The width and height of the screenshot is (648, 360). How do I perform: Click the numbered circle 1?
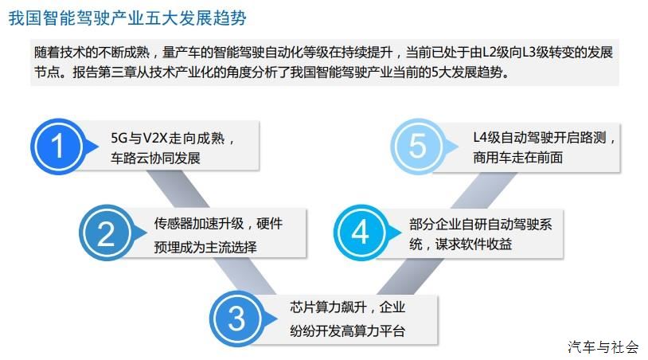click(58, 147)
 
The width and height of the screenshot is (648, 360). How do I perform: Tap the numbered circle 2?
click(106, 233)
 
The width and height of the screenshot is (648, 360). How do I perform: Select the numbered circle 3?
click(236, 319)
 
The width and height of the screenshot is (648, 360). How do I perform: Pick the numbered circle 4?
click(361, 233)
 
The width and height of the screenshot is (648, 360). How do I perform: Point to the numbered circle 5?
click(417, 146)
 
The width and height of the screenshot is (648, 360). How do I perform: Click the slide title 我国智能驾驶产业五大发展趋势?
click(127, 18)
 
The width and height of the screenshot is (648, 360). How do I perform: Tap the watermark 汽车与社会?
click(603, 346)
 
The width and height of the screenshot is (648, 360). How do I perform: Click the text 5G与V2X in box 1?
click(139, 138)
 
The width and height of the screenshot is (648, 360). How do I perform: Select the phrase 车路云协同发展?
click(155, 158)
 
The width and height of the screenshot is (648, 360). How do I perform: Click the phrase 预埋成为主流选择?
click(205, 247)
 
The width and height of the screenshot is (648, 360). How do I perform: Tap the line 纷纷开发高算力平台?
click(347, 331)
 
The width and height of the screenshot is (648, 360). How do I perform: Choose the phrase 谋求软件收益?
click(474, 245)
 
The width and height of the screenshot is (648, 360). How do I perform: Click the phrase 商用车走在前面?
click(517, 158)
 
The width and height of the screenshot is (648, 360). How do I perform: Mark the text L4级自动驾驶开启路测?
click(540, 138)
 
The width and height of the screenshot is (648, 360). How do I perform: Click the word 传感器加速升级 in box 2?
click(199, 224)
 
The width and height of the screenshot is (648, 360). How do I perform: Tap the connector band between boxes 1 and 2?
click(178, 190)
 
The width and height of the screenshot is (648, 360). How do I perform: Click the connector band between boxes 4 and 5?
click(484, 190)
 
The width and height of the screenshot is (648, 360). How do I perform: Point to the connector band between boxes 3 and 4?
click(410, 277)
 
